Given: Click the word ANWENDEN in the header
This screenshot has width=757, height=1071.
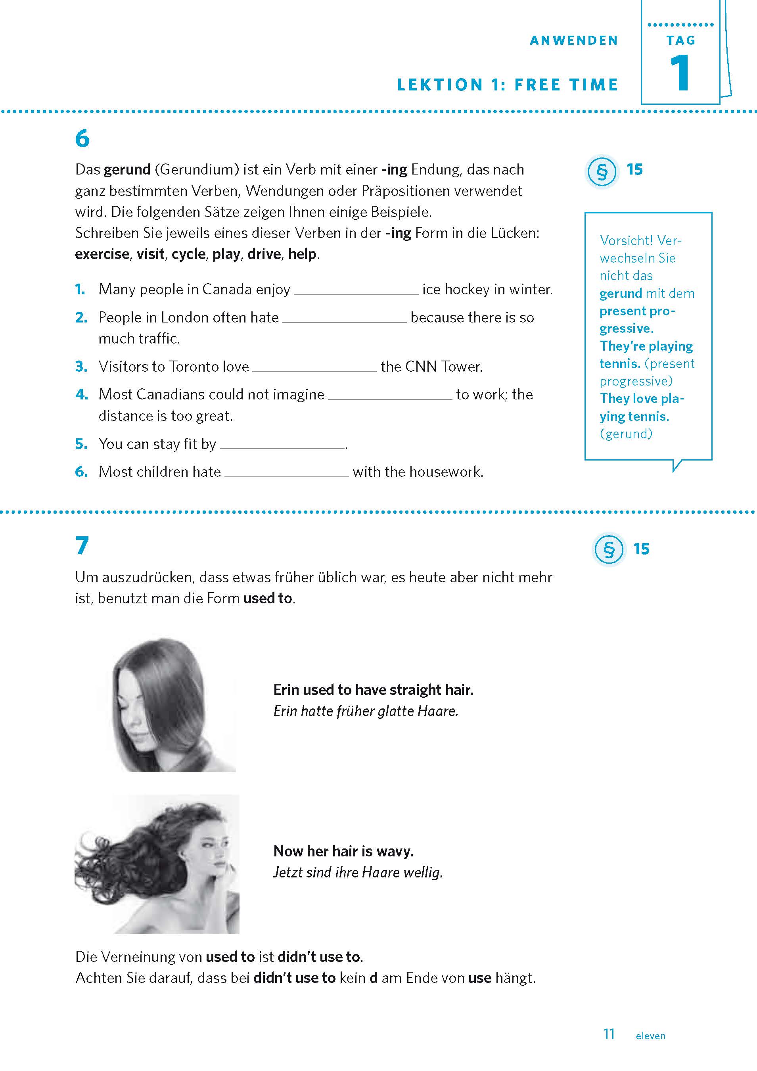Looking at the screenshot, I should point(574,40).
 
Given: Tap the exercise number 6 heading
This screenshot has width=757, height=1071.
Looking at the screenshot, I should point(82,138).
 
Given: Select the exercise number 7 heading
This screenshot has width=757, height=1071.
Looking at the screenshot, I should point(82,545).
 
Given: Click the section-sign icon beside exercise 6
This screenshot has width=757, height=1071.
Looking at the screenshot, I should point(602,172).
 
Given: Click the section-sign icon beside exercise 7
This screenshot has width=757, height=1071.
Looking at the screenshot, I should point(608,549).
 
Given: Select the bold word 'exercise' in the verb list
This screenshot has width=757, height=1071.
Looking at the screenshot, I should point(102,254).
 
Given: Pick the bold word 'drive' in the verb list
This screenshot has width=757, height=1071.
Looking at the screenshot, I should point(264,254).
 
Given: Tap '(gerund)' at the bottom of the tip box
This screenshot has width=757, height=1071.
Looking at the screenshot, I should point(626,434).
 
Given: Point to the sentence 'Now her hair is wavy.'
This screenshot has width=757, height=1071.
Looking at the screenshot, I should point(343,851).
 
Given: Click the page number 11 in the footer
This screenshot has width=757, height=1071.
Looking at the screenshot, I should point(609,1034).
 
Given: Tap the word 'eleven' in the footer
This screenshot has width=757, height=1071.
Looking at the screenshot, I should point(650,1036).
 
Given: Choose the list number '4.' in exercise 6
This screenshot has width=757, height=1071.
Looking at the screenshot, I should point(82,395).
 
